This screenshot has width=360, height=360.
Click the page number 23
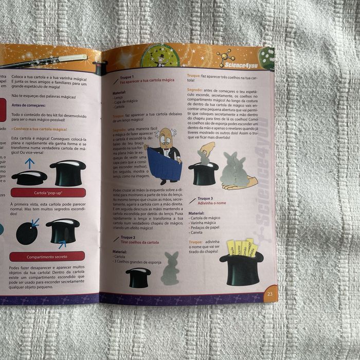(x=269, y=295)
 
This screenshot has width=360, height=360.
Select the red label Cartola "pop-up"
(x=48, y=193)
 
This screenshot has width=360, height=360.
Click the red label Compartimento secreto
(x=47, y=256)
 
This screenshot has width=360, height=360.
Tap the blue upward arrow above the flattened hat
(x=29, y=164)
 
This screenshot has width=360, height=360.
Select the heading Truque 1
(x=127, y=77)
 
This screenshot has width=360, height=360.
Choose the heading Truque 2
(x=127, y=237)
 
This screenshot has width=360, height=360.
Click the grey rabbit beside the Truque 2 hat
(x=170, y=269)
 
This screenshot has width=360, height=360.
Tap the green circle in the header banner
(x=159, y=56)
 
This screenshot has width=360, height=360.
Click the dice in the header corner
(x=266, y=58)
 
